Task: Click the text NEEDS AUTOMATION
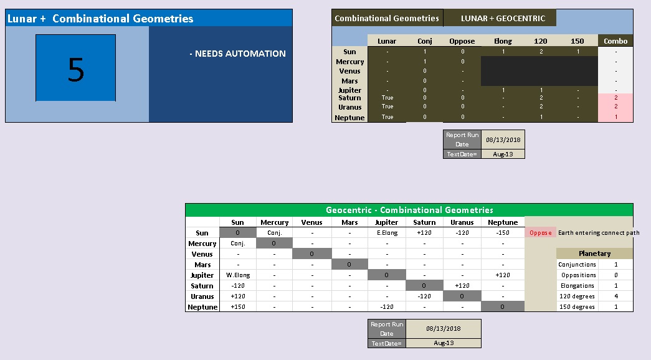point(237,54)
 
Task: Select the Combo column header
point(615,41)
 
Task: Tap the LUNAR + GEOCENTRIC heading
point(503,18)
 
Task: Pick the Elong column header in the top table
point(503,41)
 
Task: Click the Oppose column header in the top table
point(462,41)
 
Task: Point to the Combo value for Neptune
point(615,117)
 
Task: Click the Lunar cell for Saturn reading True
point(387,98)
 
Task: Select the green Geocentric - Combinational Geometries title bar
point(409,210)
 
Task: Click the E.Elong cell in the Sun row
point(387,233)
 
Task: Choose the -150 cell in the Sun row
point(503,233)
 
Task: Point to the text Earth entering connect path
point(598,233)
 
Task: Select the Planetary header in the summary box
point(594,253)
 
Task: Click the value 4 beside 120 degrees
point(615,296)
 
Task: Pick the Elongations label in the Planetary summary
point(577,286)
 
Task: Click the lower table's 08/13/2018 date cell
point(443,328)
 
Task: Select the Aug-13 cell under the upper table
point(502,154)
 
